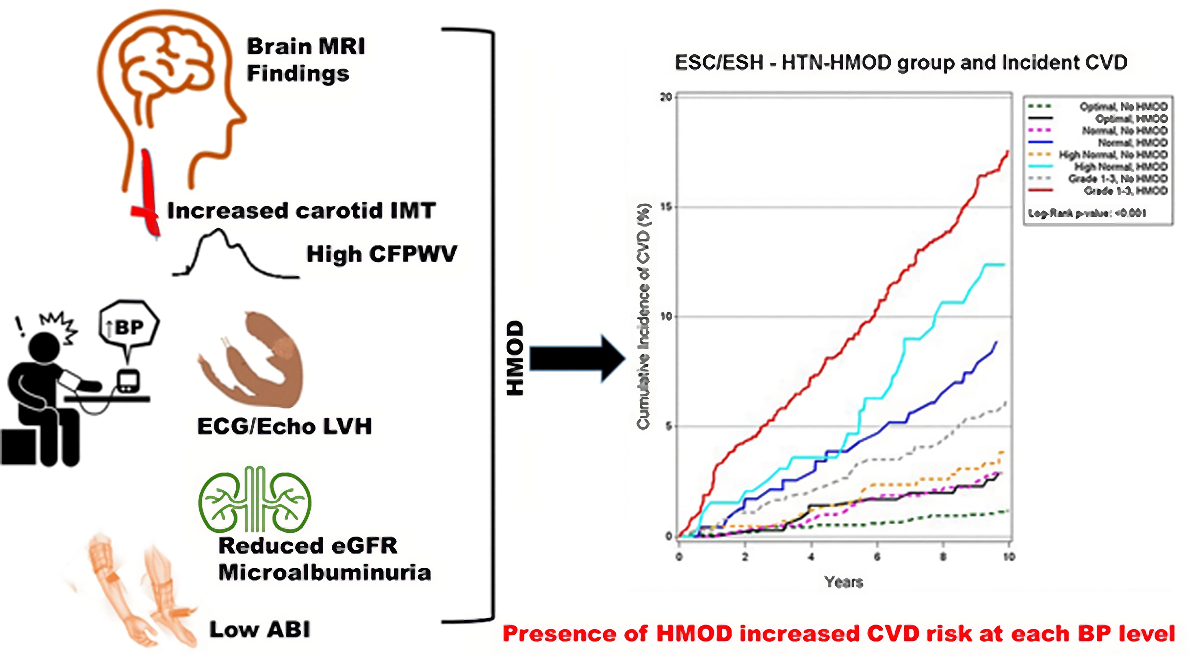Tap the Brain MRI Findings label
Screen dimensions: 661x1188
305,60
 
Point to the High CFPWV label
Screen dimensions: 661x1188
381,254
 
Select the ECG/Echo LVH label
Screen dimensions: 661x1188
285,426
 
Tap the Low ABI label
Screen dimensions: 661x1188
260,630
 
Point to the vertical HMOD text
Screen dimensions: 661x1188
515,358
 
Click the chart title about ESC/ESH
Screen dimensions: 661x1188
901,63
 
